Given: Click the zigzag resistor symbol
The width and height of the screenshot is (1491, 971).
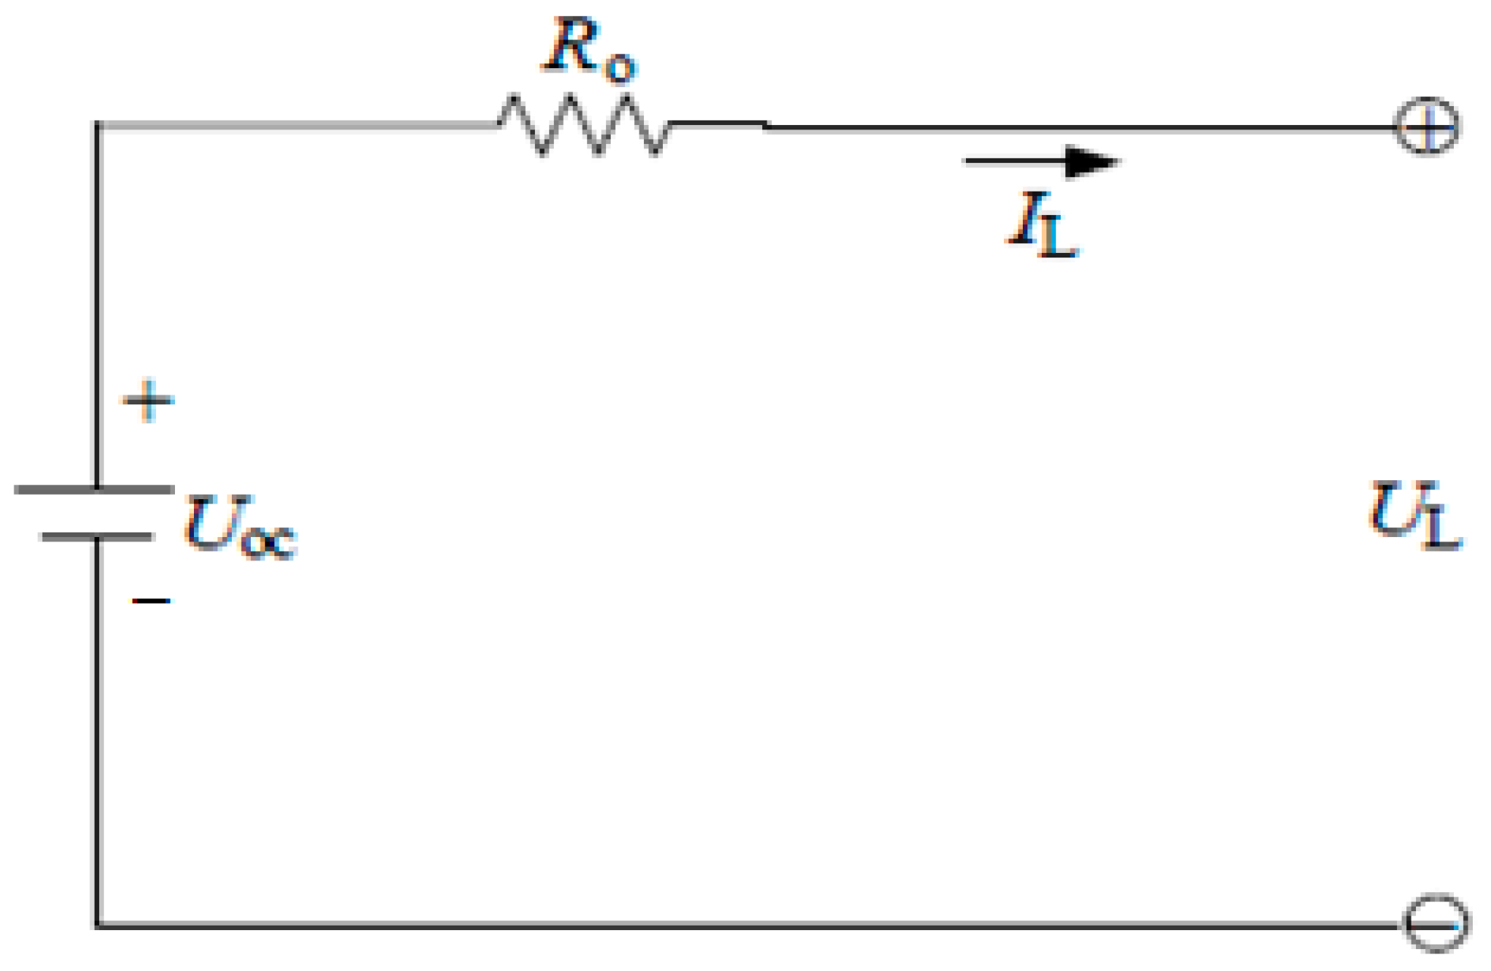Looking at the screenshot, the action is (x=584, y=125).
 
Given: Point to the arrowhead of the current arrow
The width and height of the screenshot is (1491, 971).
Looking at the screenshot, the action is (x=1091, y=161).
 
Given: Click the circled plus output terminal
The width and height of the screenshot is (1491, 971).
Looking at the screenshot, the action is (x=1427, y=126).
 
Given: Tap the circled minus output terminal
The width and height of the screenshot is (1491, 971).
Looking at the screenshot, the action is (x=1436, y=923).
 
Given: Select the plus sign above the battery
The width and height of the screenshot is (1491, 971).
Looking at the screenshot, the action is (x=148, y=399).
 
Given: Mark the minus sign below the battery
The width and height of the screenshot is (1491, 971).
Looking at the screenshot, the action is (x=151, y=601).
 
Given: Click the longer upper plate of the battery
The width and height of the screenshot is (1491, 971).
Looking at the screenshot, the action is (x=95, y=489).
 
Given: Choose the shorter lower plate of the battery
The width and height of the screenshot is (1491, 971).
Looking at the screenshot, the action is (x=97, y=536).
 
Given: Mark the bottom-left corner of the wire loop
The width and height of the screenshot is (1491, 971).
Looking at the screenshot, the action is (x=98, y=925).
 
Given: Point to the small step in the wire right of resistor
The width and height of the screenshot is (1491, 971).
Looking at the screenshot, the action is (x=765, y=125).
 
